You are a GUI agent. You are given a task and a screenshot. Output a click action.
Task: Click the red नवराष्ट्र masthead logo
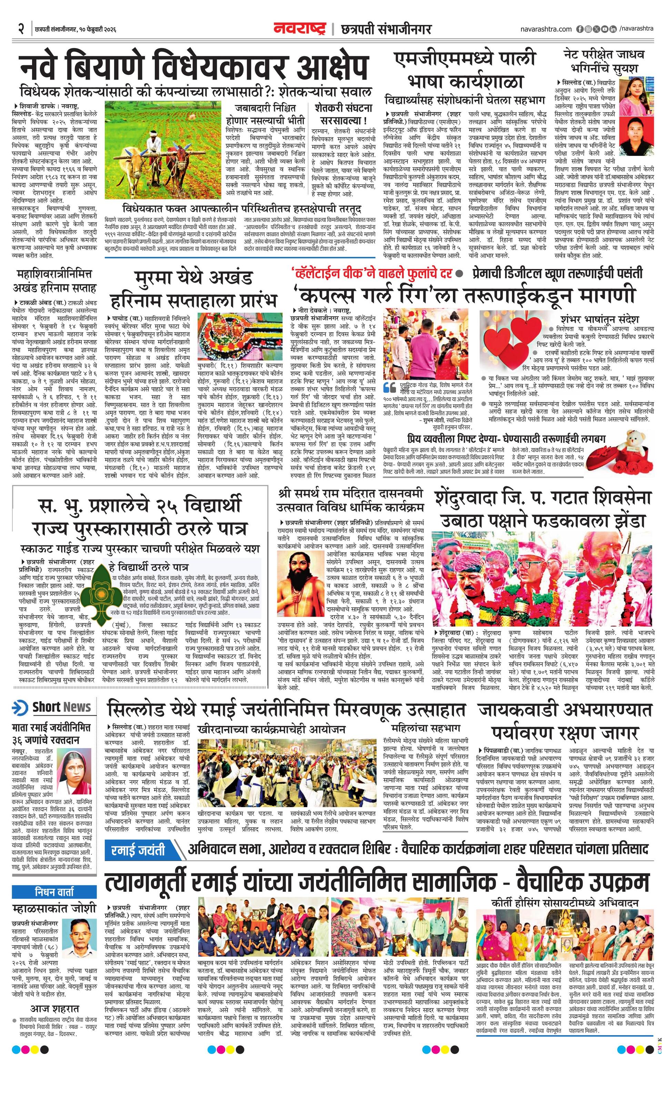300,29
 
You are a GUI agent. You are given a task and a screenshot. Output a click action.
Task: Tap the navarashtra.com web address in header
546,29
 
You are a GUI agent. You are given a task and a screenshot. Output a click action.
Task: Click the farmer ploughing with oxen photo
162,149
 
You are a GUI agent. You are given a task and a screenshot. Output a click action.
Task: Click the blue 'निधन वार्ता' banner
54,888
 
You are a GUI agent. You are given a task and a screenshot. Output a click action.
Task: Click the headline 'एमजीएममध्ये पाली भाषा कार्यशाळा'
465,70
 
